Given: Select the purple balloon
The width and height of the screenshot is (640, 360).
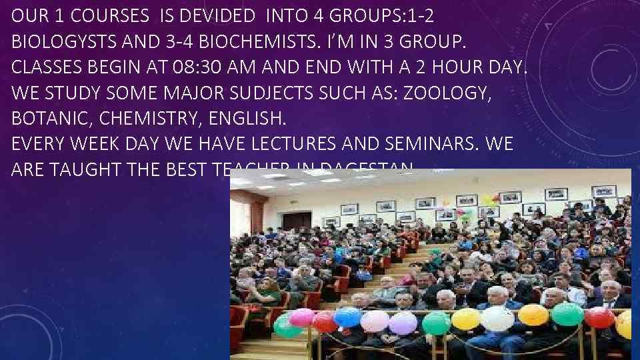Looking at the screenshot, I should pyautogui.click(x=403, y=323).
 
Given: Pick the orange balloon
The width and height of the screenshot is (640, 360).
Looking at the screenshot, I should pyautogui.click(x=465, y=319).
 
